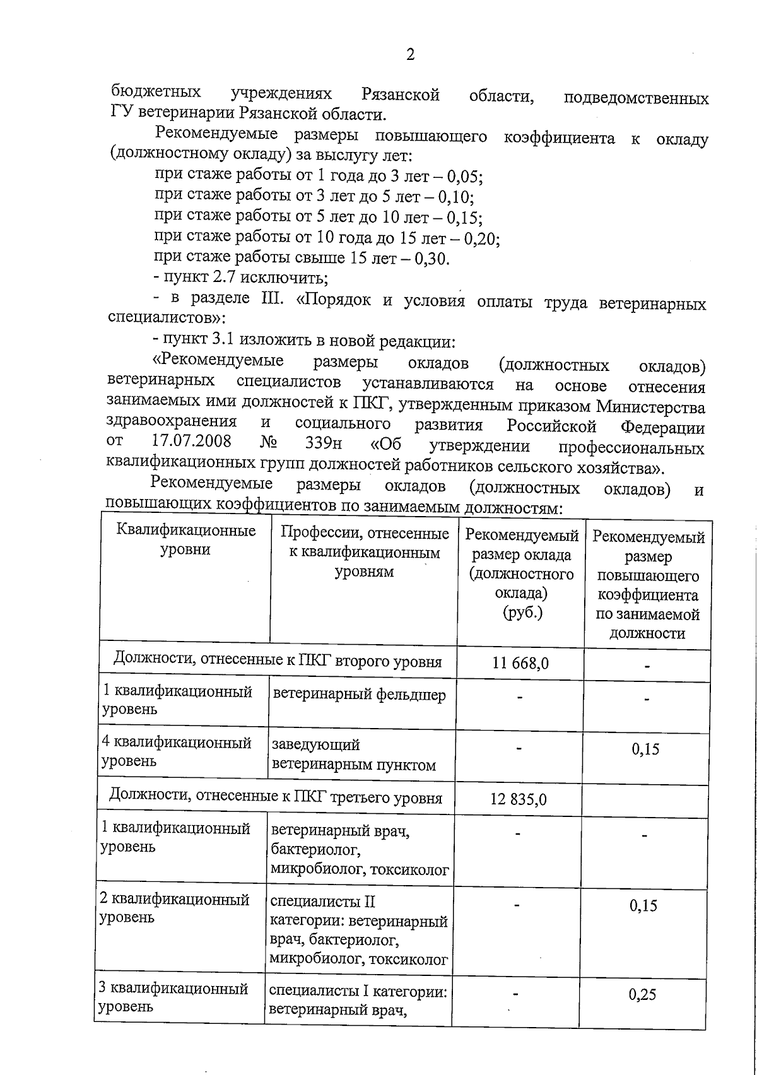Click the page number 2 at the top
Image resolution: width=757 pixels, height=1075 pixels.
410,56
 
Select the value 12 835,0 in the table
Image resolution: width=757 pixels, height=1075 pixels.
519,800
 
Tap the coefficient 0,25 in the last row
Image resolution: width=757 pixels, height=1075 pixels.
642,995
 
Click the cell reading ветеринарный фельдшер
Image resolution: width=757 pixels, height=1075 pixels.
359,695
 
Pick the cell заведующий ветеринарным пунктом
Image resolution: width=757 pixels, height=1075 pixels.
353,755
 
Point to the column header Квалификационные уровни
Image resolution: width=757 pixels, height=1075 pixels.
186,539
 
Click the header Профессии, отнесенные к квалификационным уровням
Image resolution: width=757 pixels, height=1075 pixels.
364,553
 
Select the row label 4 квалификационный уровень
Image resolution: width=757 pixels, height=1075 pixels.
177,752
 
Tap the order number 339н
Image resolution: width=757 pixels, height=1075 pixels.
323,443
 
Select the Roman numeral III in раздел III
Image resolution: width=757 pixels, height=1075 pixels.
273,299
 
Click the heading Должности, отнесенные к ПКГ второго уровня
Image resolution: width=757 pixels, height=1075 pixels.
278,661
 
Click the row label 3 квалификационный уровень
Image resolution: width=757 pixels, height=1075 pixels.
173,997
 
